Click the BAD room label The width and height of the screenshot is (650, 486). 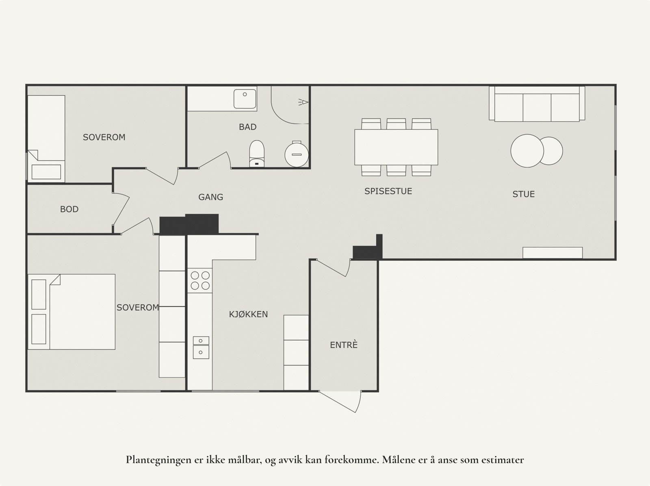[247, 127]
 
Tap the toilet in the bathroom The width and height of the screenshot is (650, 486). [256, 154]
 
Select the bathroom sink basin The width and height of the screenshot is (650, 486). [245, 97]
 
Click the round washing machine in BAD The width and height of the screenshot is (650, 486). [297, 154]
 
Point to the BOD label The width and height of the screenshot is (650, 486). [69, 209]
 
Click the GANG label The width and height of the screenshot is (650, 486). [210, 197]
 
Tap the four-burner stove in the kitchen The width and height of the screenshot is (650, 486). [200, 280]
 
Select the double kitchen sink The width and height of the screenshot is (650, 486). [201, 347]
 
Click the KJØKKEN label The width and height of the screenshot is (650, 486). [248, 314]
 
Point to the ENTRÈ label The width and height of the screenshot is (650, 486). [344, 345]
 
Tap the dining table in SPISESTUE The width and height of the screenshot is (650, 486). [396, 147]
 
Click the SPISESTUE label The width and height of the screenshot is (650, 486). [388, 191]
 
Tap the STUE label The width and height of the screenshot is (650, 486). [523, 194]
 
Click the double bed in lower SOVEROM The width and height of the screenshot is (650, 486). [72, 312]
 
